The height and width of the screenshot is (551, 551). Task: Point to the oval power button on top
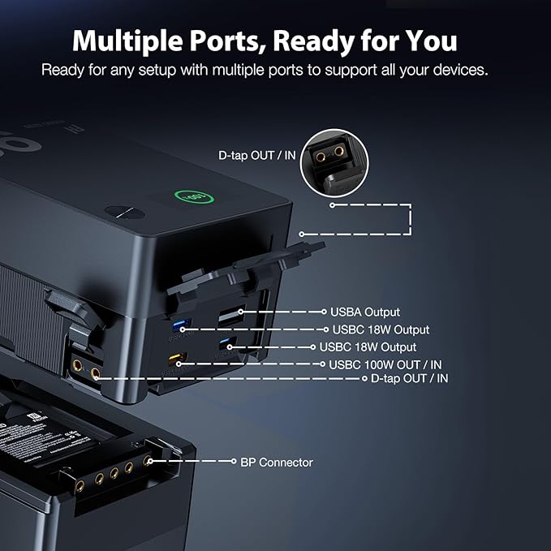click(123, 213)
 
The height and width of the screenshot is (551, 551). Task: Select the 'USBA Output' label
click(364, 312)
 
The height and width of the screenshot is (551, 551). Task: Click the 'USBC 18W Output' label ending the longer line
click(381, 329)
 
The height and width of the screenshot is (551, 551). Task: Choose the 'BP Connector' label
click(276, 463)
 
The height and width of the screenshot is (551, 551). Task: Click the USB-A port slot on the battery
click(229, 313)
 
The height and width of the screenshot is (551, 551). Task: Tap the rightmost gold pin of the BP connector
click(147, 460)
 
